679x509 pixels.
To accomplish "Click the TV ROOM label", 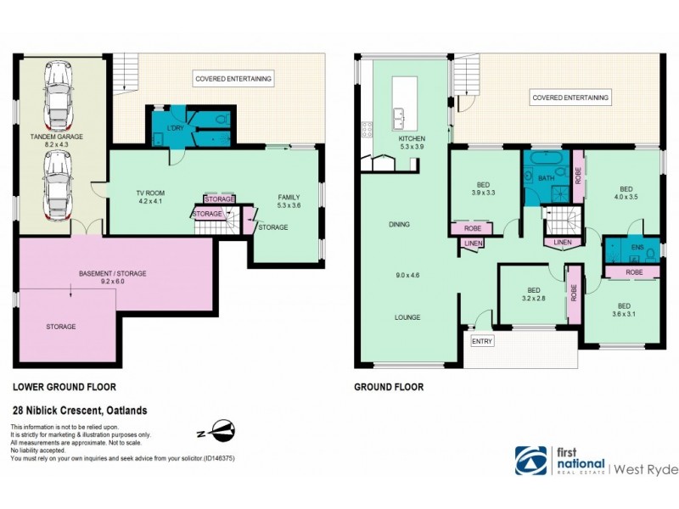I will [149, 193].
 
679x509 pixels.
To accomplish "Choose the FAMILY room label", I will [289, 197].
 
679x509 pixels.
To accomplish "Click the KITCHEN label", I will [412, 139].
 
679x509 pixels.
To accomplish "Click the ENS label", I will [638, 249].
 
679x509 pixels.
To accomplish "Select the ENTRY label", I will [482, 341].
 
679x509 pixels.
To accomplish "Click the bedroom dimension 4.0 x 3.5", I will [626, 198].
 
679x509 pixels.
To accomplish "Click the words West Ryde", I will [645, 467].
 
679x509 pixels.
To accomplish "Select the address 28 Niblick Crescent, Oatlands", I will [79, 411].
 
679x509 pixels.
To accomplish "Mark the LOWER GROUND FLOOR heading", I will [59, 387].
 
